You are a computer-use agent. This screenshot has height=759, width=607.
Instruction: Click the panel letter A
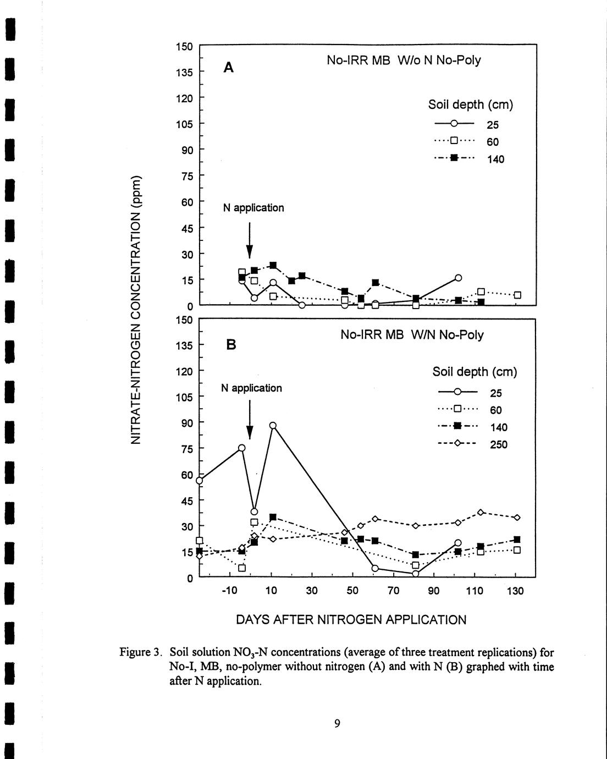229,68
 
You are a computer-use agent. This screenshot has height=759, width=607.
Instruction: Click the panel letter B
231,345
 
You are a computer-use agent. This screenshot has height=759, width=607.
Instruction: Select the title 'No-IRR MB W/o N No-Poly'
404,61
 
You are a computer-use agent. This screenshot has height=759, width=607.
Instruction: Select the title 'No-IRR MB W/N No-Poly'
412,334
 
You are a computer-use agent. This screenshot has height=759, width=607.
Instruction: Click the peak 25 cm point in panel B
273,425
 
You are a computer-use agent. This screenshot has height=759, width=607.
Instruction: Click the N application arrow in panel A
250,240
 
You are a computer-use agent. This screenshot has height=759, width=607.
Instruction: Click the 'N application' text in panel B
251,388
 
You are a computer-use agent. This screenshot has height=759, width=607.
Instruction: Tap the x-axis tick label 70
393,591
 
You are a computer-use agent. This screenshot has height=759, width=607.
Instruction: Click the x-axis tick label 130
515,591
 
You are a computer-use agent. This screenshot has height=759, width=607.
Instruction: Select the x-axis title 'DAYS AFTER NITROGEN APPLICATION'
351,620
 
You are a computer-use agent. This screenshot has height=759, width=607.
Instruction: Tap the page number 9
337,724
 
